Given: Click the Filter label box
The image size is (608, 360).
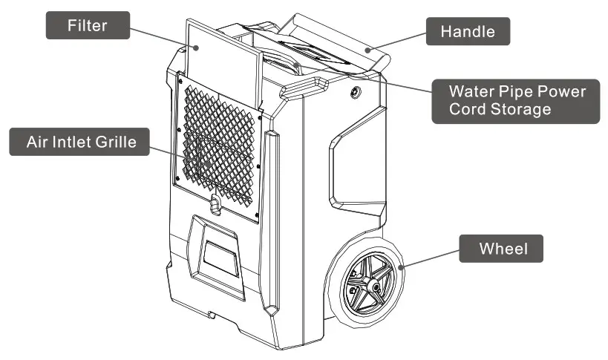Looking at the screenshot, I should point(88,26).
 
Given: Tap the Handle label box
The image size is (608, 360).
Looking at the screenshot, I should point(468,32).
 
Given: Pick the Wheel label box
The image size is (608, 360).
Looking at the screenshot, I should point(501,248).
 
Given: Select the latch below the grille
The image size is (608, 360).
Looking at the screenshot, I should point(215,204).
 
